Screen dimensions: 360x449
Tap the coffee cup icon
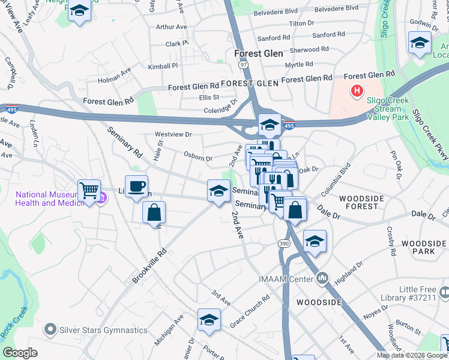(x=136, y=185)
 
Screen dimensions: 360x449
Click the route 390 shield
(x=284, y=243)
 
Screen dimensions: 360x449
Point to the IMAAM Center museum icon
(x=322, y=278)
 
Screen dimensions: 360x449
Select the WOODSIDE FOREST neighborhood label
(x=359, y=202)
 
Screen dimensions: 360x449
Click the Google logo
(x=20, y=353)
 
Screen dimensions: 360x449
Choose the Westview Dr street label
(x=173, y=135)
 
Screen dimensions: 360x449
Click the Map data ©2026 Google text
(x=411, y=355)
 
